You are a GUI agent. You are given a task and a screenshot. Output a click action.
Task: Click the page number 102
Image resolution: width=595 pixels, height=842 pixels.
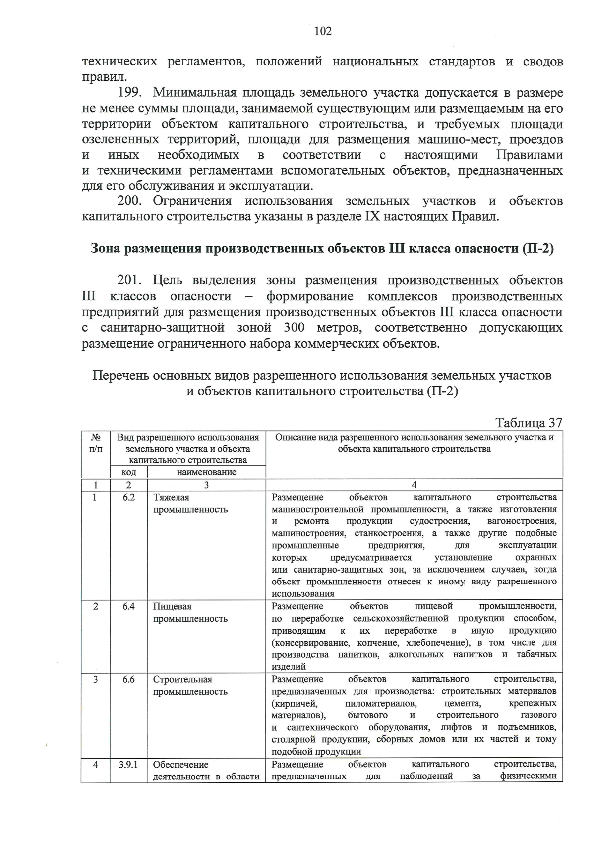pos(323,32)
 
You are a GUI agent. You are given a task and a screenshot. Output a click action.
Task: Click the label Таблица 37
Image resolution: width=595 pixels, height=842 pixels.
pos(529,423)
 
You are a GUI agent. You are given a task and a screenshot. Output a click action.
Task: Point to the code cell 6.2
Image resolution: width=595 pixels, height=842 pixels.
pos(128,497)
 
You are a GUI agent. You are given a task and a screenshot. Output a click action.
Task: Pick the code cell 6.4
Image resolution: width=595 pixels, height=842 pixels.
pos(128,606)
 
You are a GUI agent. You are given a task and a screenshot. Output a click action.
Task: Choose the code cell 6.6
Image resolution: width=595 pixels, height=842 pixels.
pos(128,679)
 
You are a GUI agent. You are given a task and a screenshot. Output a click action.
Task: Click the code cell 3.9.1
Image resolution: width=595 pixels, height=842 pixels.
pos(128,765)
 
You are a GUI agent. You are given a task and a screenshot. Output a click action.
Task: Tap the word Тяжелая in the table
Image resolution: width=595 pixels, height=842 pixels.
pos(171,497)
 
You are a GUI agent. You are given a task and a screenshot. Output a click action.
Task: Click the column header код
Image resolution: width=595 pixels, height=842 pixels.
pos(128,472)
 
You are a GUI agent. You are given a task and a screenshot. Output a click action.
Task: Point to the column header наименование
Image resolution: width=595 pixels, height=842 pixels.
pos(206,472)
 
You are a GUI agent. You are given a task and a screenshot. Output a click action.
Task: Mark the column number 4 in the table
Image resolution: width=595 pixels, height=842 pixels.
pos(414,485)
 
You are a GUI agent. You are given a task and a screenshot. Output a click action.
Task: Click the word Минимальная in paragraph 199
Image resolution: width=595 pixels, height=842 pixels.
pos(193,93)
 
